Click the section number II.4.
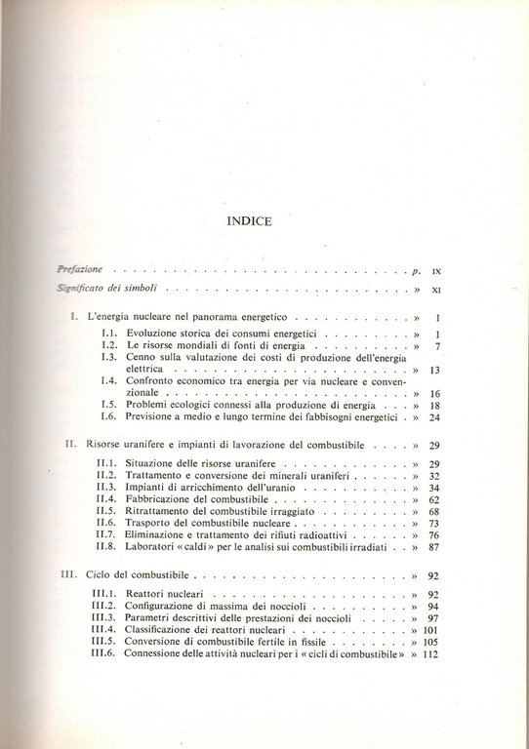tap(112, 498)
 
